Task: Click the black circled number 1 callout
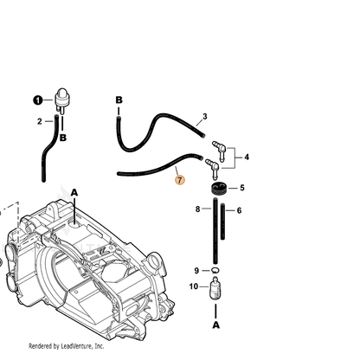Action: point(38,100)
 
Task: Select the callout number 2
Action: point(40,121)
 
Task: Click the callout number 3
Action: point(205,117)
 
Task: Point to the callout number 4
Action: point(247,157)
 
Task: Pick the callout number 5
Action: point(242,188)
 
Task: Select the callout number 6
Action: point(239,210)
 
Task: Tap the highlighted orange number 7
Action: point(180,180)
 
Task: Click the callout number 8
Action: point(197,209)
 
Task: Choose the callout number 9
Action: point(196,271)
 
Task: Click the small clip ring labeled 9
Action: point(215,270)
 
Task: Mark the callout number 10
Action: point(194,286)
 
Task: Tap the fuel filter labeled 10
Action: point(215,288)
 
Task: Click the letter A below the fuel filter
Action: point(216,325)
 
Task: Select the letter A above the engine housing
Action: point(74,192)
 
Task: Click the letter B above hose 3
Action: point(119,100)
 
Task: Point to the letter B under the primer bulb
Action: point(63,138)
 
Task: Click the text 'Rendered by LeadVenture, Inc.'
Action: point(66,346)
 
